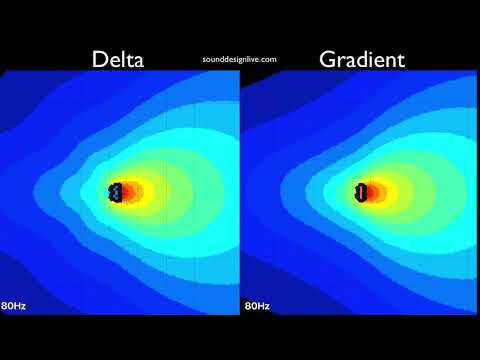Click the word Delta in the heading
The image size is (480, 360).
point(118,59)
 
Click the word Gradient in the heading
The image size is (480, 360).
point(362,59)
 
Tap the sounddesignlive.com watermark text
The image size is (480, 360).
point(239,60)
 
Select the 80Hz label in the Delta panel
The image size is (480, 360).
point(14,305)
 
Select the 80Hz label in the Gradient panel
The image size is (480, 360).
point(257,305)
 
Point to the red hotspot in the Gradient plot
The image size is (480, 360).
point(371,191)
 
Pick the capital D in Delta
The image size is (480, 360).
point(100,59)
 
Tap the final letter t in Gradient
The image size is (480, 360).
point(401,59)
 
